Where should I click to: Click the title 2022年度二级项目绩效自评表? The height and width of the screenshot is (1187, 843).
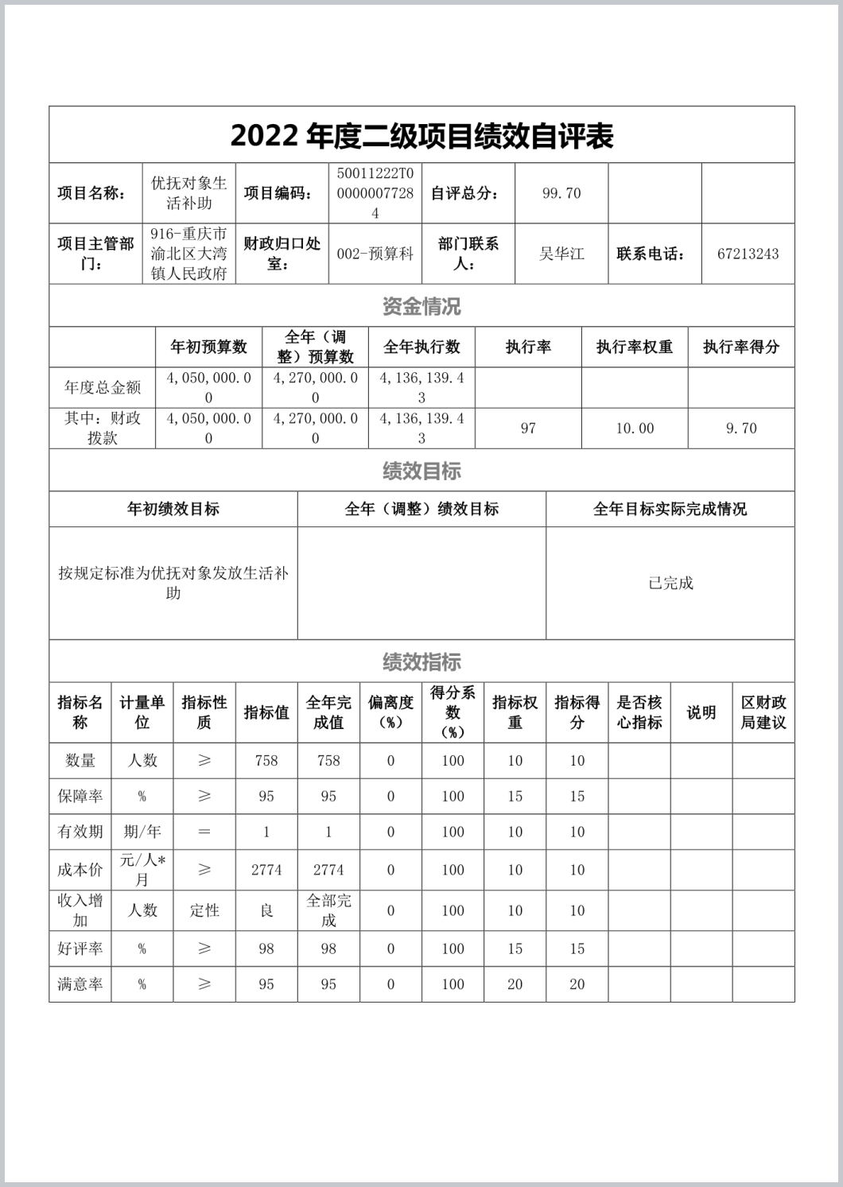coord(421,136)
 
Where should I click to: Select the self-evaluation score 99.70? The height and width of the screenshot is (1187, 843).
coord(561,193)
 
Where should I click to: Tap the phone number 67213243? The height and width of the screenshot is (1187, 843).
coord(748,254)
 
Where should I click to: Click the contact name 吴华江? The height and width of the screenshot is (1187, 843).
coord(561,254)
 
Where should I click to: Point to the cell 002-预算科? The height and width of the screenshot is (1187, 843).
coord(375,254)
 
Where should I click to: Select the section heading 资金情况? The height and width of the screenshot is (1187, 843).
coord(421,306)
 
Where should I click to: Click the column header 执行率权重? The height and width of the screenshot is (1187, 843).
coord(635,347)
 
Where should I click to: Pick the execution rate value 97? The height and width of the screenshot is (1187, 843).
coord(528,429)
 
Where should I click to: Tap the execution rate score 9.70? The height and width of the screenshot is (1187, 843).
coord(741,429)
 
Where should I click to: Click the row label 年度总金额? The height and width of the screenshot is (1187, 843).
coord(102,388)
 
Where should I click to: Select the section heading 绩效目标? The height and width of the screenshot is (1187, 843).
coord(421,471)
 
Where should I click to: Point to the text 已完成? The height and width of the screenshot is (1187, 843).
coord(670,583)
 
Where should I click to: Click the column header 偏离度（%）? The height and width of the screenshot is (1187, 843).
coord(390,712)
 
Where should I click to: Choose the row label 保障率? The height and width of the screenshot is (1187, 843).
coord(80,797)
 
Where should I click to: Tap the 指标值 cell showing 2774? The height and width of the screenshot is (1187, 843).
coord(266,870)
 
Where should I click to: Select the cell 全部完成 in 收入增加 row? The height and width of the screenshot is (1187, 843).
coord(328,910)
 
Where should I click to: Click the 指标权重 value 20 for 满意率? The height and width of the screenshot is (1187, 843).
coord(515,984)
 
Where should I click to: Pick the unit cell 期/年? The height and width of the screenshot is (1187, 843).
coord(142,832)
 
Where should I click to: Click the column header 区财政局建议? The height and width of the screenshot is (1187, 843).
coord(763,712)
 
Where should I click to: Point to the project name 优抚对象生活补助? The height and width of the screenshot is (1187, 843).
coord(189,193)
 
